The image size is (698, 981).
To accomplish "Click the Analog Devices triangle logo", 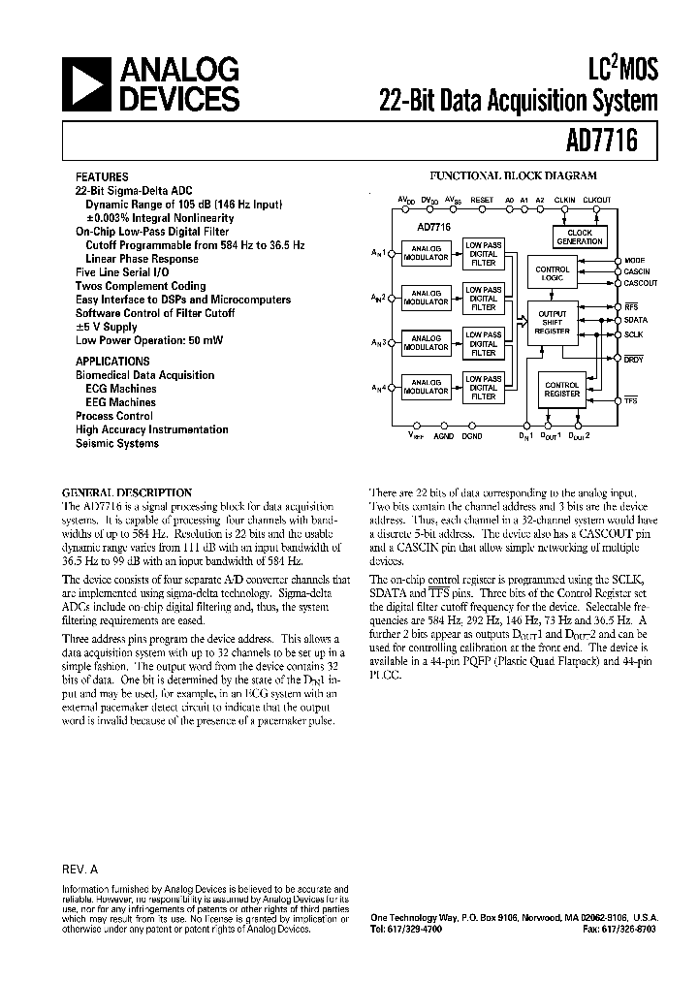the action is [x=87, y=84].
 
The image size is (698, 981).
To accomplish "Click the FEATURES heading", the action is [x=102, y=177].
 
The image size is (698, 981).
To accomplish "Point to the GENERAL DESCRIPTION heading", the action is [x=127, y=492].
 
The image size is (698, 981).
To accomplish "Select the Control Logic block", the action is [x=553, y=273].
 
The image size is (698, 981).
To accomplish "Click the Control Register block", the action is [x=561, y=390].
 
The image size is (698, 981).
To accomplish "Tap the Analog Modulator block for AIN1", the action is [x=426, y=253].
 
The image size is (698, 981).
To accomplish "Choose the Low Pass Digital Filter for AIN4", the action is [x=483, y=387].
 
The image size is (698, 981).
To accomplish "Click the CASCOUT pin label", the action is [x=641, y=283].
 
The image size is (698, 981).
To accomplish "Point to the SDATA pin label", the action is [x=636, y=319].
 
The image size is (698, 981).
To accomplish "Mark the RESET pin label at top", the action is [x=482, y=201].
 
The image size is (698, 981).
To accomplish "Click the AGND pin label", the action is [x=443, y=436].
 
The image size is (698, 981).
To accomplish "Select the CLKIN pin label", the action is [x=564, y=201].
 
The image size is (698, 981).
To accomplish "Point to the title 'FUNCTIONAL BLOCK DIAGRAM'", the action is [x=513, y=176].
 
